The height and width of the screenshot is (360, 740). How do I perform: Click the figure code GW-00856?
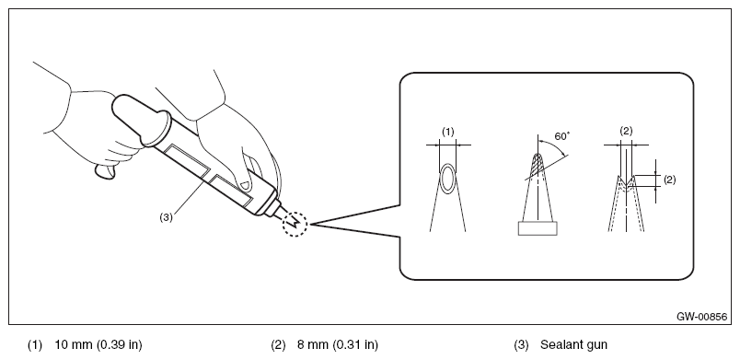pos(701,317)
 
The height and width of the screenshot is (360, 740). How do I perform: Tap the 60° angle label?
pos(562,136)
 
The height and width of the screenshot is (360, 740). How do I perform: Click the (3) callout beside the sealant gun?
pos(166,217)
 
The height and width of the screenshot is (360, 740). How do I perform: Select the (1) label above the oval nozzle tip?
pos(448,132)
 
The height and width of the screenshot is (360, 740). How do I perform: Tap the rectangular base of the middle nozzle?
pos(538,228)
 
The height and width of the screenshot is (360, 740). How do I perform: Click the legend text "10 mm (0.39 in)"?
pos(98,345)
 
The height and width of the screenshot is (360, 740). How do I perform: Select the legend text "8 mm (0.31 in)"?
pos(338,345)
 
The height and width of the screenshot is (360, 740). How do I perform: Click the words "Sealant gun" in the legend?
pos(574,345)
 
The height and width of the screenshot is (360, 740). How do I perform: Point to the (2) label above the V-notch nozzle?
pos(626,132)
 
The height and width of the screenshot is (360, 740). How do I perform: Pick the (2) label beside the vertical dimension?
pos(669,180)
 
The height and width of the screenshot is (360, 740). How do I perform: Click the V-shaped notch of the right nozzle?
pos(626,181)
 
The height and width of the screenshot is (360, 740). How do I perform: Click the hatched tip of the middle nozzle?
pos(538,165)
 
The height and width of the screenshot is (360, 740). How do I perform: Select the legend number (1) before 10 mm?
pos(34,345)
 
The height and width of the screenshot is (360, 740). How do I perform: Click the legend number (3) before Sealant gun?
pos(521,345)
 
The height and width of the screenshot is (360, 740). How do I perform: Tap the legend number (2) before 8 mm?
pos(278,345)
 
